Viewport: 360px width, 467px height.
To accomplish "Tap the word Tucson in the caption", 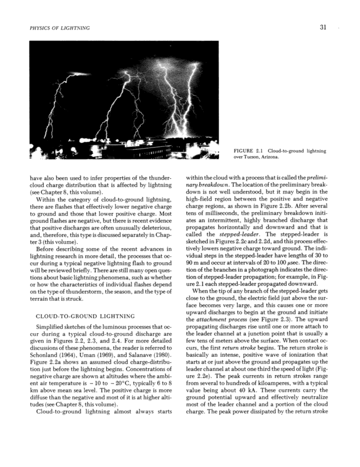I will click(248, 157).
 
